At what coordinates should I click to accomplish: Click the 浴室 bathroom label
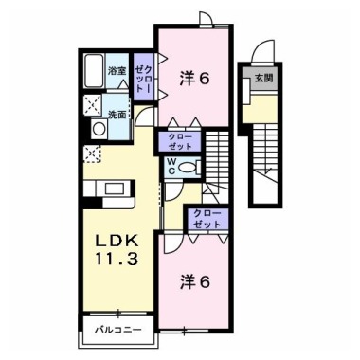click(117, 72)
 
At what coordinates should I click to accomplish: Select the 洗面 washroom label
click(117, 115)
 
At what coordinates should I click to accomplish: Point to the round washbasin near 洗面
click(98, 129)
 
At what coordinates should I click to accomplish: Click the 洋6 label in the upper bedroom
click(194, 79)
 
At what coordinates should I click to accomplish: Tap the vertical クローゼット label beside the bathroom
click(143, 75)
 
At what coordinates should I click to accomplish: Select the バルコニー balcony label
click(118, 332)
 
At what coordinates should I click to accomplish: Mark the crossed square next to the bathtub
click(94, 105)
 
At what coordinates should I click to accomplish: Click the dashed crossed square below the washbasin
click(93, 153)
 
